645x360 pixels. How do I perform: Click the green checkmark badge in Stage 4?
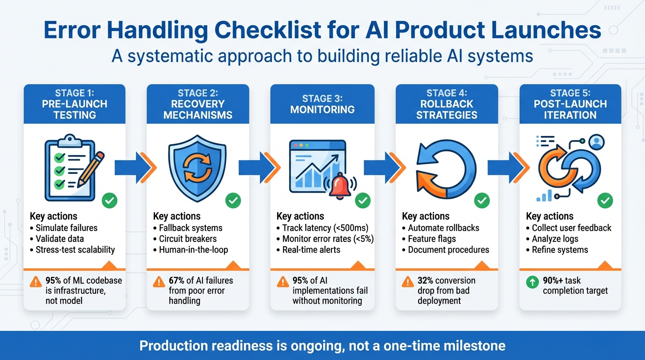tap(481, 201)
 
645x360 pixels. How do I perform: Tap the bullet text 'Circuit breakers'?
tap(188, 239)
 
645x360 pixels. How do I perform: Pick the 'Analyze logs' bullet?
tap(555, 239)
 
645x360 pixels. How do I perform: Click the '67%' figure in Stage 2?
tap(176, 281)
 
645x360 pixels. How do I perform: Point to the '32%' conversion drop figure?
tap(426, 281)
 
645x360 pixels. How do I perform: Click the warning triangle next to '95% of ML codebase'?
tap(36, 282)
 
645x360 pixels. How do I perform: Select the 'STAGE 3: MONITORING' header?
tap(322, 104)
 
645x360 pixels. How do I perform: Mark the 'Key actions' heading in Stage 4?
tap(426, 216)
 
